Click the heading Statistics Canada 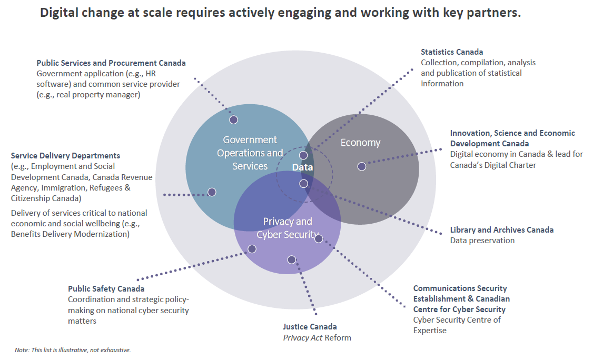(x=451, y=52)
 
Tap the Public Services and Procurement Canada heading (x=111, y=63)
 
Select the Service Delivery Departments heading (x=65, y=156)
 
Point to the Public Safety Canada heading (x=106, y=289)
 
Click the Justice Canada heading (x=310, y=327)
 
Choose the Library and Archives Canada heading (x=501, y=230)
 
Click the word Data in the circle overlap (x=303, y=167)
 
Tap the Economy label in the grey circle (x=360, y=143)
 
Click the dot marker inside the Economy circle (x=361, y=166)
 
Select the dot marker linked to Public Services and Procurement (x=234, y=119)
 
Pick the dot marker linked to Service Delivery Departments (x=212, y=192)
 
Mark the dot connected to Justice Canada (x=291, y=259)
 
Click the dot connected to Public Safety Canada (x=252, y=249)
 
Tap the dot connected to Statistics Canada (x=303, y=155)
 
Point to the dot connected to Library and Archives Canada (x=303, y=183)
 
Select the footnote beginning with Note (x=72, y=350)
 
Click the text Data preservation (x=482, y=241)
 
